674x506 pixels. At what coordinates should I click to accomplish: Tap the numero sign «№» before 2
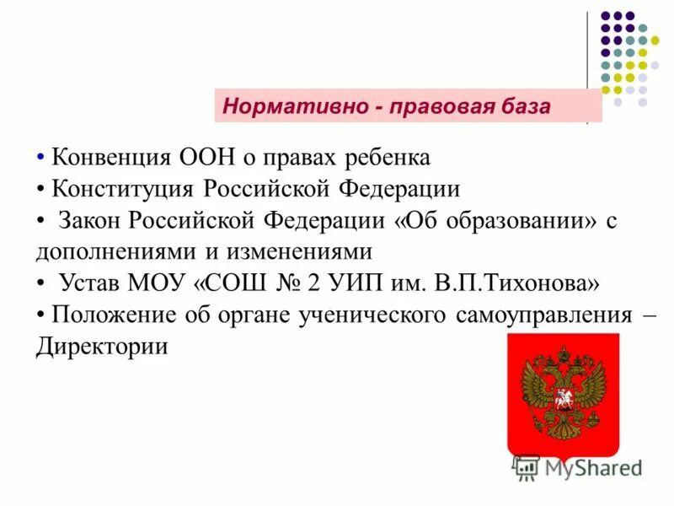pyautogui.click(x=286, y=283)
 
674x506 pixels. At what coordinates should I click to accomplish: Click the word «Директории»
pyautogui.click(x=102, y=347)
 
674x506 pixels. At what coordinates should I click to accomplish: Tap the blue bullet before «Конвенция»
pyautogui.click(x=40, y=158)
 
